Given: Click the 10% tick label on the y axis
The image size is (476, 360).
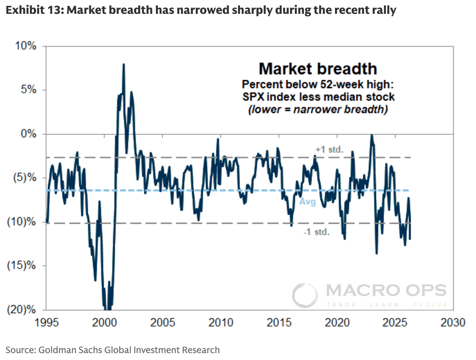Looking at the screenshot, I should click(26, 46).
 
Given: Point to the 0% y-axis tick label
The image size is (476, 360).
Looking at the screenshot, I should click(28, 134).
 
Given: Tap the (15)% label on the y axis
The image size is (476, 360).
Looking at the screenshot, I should click(21, 265).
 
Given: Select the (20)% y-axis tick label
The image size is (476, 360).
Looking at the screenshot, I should click(21, 309).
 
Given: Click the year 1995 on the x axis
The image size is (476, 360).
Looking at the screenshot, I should click(46, 323).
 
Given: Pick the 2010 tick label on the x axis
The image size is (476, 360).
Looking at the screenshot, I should click(221, 323).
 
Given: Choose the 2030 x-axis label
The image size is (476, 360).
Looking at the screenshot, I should click(453, 323).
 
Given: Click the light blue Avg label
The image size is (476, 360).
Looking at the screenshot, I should click(308, 201).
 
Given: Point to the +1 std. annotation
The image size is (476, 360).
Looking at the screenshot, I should click(329, 150).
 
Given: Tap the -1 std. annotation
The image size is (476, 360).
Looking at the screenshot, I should click(317, 232).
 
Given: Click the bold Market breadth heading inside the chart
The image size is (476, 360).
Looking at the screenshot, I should click(318, 69).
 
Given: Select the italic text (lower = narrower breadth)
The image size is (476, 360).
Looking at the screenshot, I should click(318, 109).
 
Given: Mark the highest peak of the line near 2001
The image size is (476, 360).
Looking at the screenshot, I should click(124, 64).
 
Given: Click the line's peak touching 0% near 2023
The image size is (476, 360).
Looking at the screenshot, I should click(372, 135).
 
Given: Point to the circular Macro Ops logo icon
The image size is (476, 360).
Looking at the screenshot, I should click(305, 296).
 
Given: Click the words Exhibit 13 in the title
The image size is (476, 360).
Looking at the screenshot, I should click(33, 10).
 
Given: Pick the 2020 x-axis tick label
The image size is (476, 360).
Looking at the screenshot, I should click(337, 323).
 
